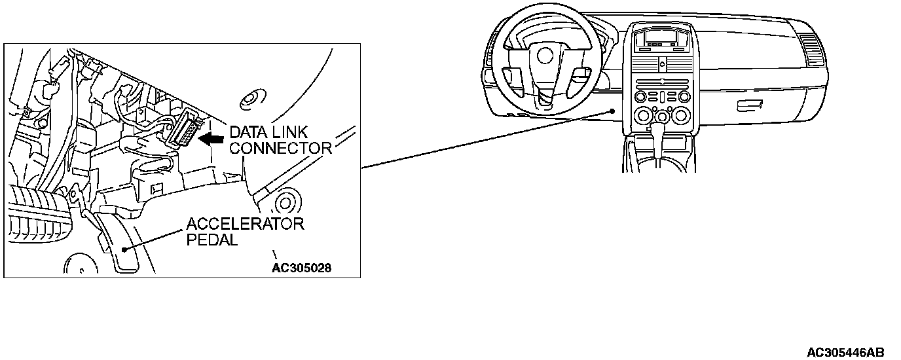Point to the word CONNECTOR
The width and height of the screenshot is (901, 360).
[x=282, y=148]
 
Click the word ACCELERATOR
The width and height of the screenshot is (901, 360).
[x=246, y=224]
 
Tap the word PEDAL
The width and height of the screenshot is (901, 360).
[x=211, y=240]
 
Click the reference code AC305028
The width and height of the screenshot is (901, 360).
[x=302, y=268]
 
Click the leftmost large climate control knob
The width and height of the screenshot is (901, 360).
[x=641, y=117]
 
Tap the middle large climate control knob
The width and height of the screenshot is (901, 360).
[x=662, y=118]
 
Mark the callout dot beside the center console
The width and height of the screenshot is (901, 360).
[x=612, y=112]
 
